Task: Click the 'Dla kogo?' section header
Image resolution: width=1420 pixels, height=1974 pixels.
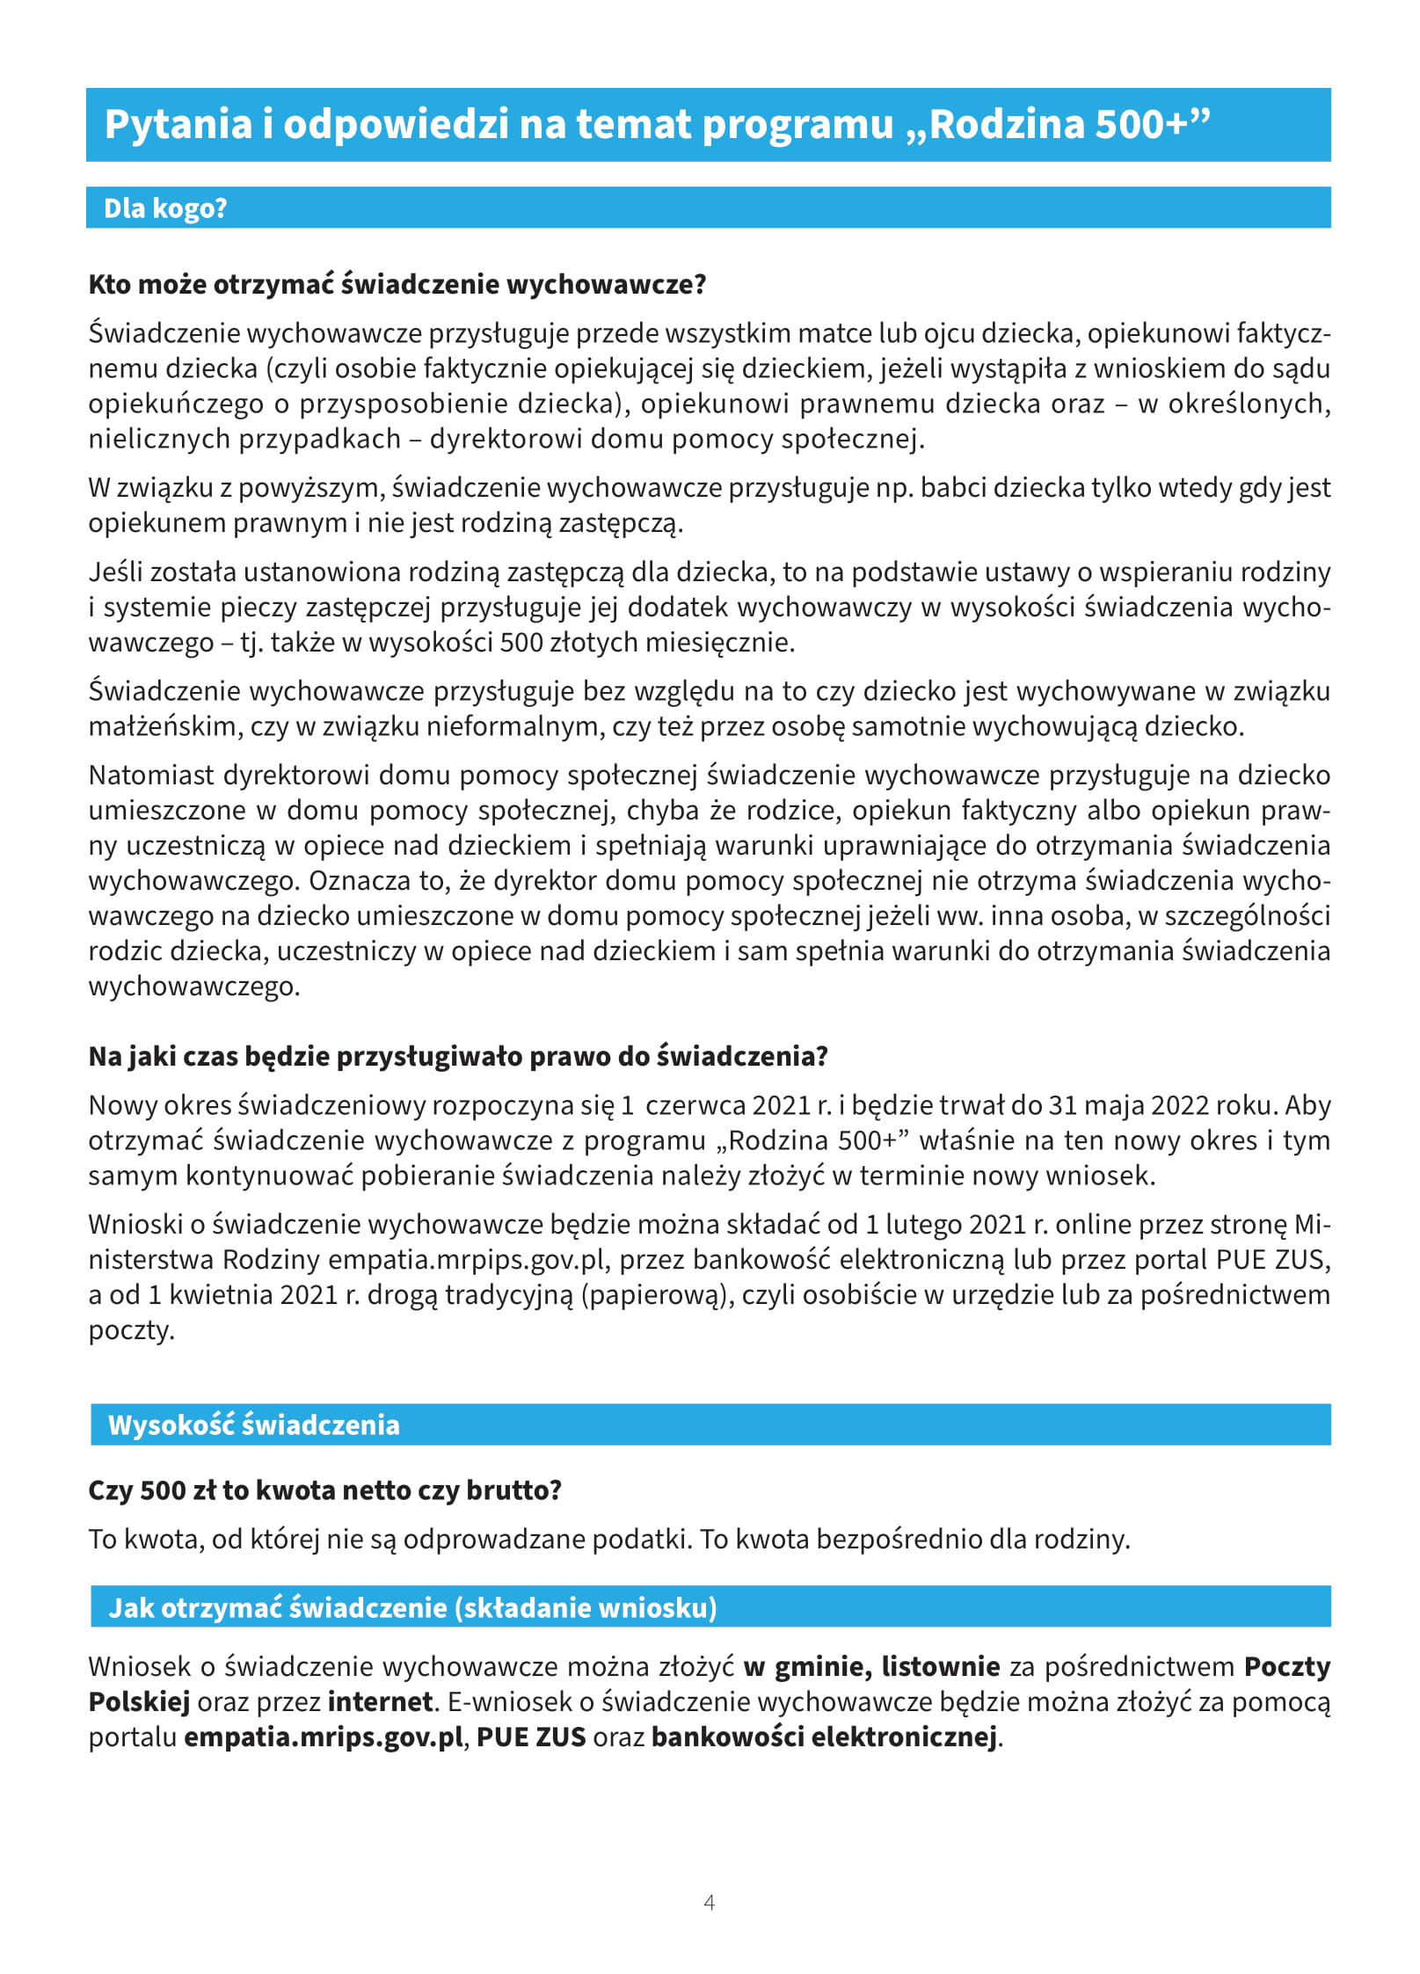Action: pyautogui.click(x=165, y=208)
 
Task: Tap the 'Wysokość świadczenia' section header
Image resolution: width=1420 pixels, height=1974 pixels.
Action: pyautogui.click(x=253, y=1425)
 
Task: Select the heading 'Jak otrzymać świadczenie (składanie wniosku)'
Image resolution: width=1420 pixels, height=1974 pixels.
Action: pyautogui.click(x=412, y=1608)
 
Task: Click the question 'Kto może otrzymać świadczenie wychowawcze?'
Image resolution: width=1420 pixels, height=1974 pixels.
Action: pyautogui.click(x=397, y=285)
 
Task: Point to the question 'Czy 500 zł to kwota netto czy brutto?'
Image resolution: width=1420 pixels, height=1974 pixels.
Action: pyautogui.click(x=324, y=1490)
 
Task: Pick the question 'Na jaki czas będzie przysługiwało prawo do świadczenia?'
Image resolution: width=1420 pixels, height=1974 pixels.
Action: pyautogui.click(x=458, y=1056)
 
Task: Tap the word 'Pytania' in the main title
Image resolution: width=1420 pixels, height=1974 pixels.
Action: pyautogui.click(x=178, y=124)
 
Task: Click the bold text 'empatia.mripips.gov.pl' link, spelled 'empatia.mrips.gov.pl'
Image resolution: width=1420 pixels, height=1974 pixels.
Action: pyautogui.click(x=323, y=1737)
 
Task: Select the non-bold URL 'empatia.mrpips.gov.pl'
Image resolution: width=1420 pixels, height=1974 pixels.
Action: pyautogui.click(x=467, y=1260)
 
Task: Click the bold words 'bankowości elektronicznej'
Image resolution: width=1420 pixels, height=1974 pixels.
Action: pyautogui.click(x=824, y=1737)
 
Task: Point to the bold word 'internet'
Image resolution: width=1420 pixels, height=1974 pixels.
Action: pyautogui.click(x=380, y=1702)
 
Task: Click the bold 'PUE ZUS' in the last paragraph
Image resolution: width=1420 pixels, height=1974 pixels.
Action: pyautogui.click(x=531, y=1737)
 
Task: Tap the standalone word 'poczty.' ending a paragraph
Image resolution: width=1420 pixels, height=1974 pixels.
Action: pyautogui.click(x=132, y=1330)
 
